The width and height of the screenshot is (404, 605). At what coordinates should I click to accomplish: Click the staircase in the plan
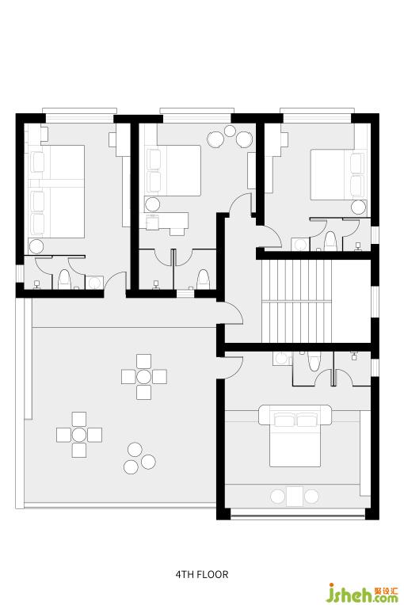297,302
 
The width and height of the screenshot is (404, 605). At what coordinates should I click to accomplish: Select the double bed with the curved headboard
295,436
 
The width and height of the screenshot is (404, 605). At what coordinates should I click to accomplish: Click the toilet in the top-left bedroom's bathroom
64,280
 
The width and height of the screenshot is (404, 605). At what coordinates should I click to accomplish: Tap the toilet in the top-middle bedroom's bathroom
203,279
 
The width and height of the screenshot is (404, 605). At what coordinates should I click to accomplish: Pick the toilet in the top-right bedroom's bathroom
330,242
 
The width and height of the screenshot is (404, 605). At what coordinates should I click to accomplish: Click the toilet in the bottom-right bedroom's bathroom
314,362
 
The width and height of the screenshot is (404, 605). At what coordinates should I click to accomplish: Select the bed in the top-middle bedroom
173,170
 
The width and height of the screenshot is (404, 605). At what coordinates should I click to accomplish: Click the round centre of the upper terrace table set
144,377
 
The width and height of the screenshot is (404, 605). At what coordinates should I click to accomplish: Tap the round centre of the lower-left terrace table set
79,435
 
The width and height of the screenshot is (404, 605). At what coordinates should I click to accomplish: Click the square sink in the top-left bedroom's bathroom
94,283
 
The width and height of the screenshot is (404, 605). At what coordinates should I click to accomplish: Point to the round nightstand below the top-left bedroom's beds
36,246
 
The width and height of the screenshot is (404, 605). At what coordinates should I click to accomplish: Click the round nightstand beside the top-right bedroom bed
358,207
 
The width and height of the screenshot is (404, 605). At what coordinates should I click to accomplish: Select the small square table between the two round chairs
295,497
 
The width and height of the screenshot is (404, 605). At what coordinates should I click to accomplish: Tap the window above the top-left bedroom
79,116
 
